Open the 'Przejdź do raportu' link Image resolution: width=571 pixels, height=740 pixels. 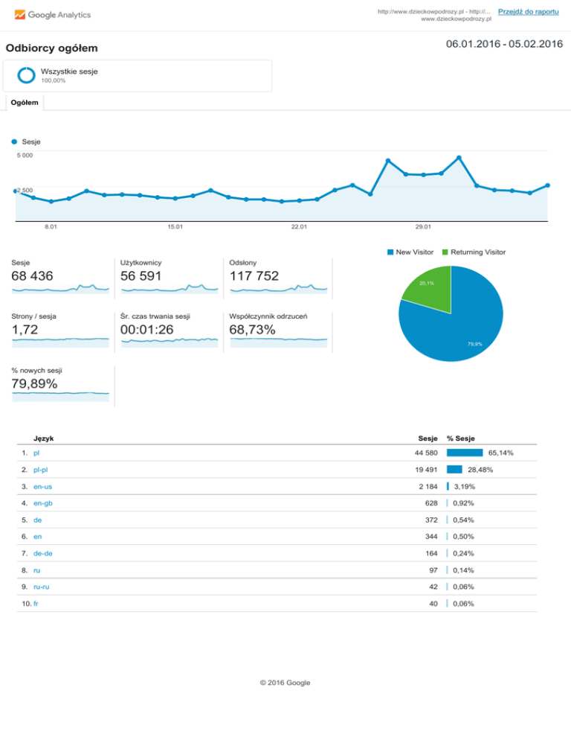coord(529,11)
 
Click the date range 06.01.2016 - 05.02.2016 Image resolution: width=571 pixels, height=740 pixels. coord(504,45)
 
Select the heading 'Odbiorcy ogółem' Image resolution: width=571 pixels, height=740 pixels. coord(52,49)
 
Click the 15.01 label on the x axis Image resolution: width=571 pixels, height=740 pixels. coord(175,227)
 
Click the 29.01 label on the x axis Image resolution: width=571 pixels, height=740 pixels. coord(424,227)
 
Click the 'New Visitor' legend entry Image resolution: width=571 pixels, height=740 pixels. coord(410,254)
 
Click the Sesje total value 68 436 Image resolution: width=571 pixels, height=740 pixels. coord(33,276)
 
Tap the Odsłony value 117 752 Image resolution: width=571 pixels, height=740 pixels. coord(254,276)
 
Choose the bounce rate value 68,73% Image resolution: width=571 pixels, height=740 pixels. coord(252,329)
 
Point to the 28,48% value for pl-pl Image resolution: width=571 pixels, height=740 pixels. coord(480,470)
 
